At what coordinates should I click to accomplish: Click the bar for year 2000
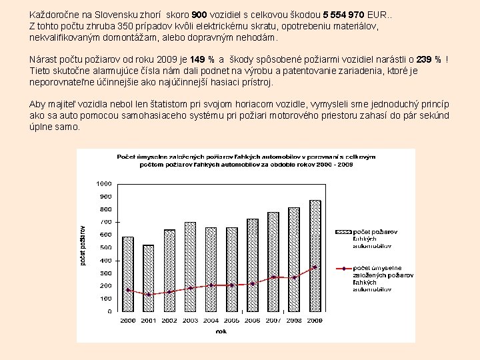point(128,274)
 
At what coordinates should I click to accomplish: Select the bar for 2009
point(315,256)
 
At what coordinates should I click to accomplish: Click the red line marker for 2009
point(315,267)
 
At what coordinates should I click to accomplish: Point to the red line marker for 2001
point(149,295)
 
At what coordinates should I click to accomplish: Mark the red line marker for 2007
point(273,277)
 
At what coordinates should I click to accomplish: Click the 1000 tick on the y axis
point(103,183)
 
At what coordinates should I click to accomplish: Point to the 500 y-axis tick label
point(105,247)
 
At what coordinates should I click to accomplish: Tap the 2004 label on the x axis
point(211,321)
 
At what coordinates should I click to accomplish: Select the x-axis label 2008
point(294,321)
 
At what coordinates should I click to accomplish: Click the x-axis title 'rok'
point(221,331)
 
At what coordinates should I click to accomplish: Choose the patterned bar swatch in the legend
point(343,232)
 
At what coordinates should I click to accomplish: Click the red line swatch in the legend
point(343,269)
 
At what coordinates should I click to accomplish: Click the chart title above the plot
point(246,160)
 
